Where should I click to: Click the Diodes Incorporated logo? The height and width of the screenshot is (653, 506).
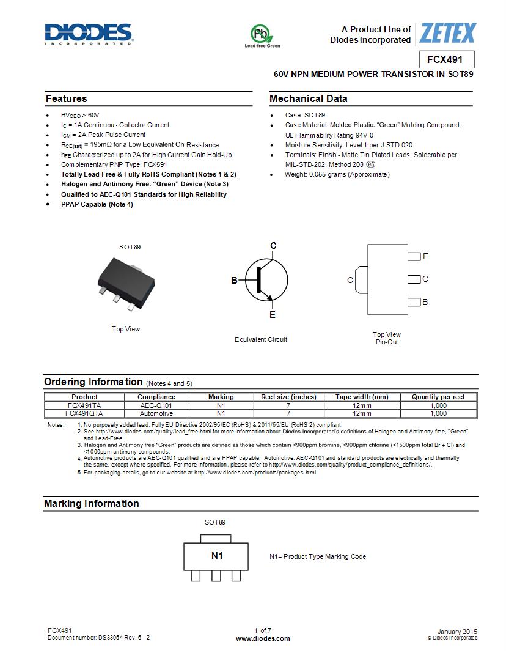click(89, 34)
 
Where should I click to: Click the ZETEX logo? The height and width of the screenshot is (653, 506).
click(447, 33)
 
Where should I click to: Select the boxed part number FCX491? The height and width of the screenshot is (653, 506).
click(446, 60)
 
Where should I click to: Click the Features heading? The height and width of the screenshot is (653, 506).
click(67, 99)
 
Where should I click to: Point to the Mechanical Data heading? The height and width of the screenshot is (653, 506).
click(309, 99)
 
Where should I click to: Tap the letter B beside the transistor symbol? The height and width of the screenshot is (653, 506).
click(234, 281)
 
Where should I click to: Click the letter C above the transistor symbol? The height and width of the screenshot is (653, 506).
click(273, 246)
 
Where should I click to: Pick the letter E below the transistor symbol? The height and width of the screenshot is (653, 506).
click(273, 315)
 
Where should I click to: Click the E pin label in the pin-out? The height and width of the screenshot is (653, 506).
click(425, 257)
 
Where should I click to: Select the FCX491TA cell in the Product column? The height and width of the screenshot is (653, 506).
click(84, 405)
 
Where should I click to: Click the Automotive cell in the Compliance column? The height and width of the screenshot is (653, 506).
click(156, 413)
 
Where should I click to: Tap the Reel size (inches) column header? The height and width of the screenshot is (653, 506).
click(288, 397)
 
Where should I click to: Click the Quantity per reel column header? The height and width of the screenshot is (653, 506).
click(438, 397)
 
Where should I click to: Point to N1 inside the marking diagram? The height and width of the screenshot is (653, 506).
click(217, 556)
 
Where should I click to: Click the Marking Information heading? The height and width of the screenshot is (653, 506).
click(92, 504)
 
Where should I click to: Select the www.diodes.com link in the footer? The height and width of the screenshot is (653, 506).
click(263, 638)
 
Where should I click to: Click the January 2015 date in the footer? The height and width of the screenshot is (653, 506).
click(457, 632)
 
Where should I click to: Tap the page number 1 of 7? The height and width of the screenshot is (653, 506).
click(263, 630)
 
